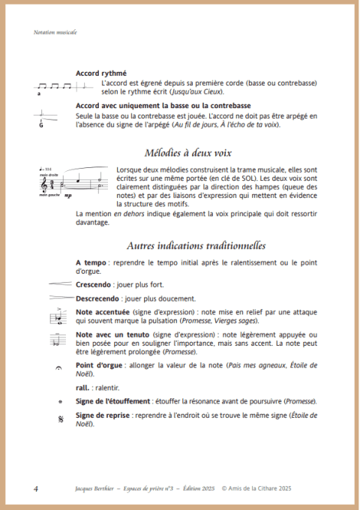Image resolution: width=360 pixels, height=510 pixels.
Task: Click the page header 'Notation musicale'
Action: (x=55, y=32)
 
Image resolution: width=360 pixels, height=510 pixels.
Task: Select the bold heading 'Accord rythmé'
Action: (x=100, y=73)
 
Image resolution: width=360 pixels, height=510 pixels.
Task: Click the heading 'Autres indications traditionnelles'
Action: (x=196, y=245)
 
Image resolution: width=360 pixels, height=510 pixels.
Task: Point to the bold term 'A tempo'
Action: (x=91, y=262)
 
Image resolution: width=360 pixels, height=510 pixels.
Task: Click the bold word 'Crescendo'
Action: (x=94, y=285)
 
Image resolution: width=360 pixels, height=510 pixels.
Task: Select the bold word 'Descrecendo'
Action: (x=98, y=298)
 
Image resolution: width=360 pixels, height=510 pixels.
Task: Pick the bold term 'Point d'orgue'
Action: (x=100, y=365)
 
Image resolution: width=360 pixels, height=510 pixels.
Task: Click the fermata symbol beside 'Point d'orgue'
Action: (x=58, y=369)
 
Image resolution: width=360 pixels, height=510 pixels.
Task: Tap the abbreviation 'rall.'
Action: (x=83, y=388)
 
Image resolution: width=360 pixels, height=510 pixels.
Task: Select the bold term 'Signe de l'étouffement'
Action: (x=113, y=401)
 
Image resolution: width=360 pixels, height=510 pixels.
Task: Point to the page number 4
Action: (x=36, y=488)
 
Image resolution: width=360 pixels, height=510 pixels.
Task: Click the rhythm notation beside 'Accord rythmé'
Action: (x=55, y=87)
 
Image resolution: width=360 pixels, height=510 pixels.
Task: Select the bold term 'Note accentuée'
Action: (x=104, y=311)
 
